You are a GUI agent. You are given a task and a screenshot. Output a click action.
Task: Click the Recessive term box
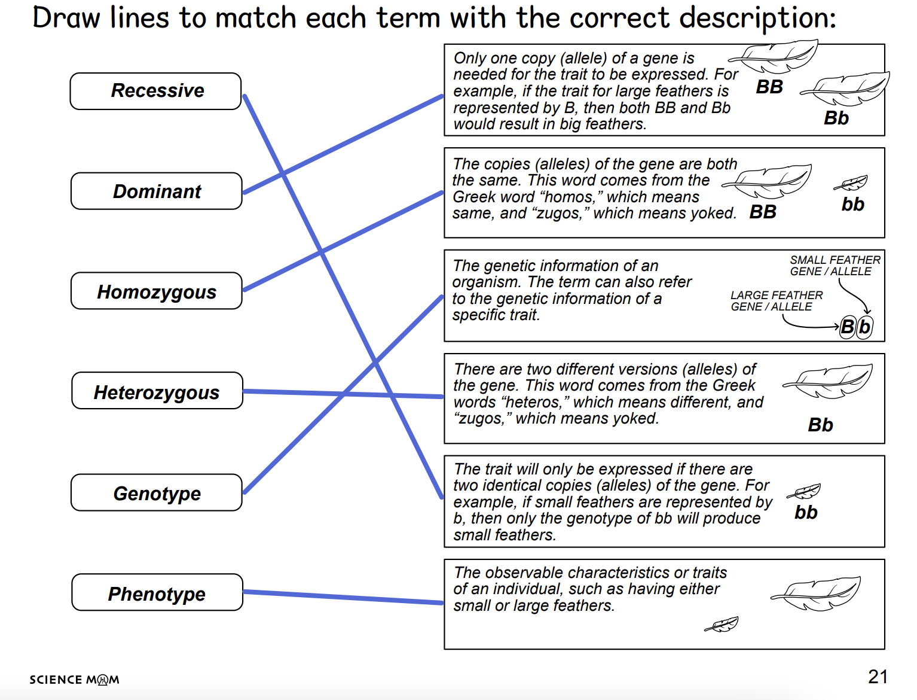pos(155,91)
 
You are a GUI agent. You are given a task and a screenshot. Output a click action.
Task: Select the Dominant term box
pos(156,191)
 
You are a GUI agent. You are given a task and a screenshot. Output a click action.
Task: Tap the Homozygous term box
pos(156,291)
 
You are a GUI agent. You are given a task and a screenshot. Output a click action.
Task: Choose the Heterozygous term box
pos(157,391)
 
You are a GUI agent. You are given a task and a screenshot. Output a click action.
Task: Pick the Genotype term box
pos(156,492)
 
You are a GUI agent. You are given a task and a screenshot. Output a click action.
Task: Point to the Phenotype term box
pos(157,592)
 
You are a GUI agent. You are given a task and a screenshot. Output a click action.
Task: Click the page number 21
pos(878,677)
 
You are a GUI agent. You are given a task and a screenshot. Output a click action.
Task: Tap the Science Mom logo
pos(74,680)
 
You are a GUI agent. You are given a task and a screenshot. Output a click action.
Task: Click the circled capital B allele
pos(848,327)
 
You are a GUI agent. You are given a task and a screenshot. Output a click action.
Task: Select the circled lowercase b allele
pos(864,327)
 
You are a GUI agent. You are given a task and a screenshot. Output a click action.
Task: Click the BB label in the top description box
pos(769,87)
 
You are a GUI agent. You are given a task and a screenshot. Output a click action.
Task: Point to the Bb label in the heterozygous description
pos(821,425)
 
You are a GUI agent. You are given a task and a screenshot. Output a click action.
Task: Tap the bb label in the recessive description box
pos(806,512)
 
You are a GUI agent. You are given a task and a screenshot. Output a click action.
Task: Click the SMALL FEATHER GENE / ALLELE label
pos(835,266)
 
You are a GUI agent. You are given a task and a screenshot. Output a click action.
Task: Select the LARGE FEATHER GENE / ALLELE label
pos(777,301)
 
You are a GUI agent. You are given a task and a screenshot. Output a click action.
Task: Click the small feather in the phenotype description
pos(722,624)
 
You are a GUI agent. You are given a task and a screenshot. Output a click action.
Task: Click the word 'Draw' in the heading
pos(66,19)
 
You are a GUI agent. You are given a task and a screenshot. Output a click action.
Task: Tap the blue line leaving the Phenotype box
pos(343,597)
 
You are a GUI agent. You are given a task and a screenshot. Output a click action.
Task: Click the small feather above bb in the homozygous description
pos(851,182)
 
